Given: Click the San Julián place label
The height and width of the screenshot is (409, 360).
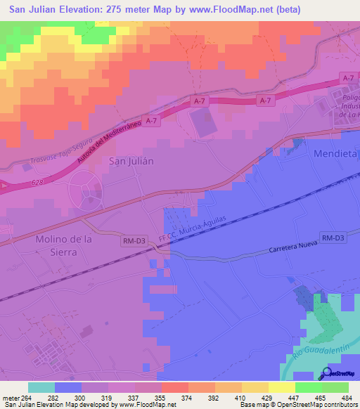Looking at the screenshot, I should tap(131, 160).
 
